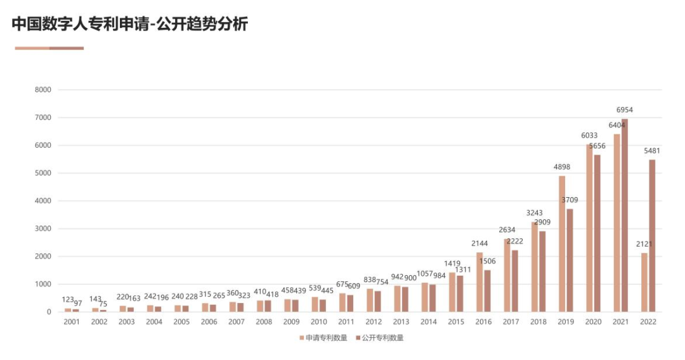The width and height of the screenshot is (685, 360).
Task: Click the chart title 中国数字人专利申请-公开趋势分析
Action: click(x=129, y=24)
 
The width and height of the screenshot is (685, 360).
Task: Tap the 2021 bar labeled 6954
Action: click(x=625, y=215)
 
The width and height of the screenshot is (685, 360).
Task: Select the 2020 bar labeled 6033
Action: click(x=589, y=228)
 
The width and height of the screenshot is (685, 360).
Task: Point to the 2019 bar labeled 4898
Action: click(x=562, y=244)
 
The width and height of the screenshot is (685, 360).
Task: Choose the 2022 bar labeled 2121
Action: click(x=644, y=283)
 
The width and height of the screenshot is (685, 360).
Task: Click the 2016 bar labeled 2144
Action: click(x=480, y=282)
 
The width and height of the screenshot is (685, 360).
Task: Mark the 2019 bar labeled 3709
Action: click(x=570, y=260)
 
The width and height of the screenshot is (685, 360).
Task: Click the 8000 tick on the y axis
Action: click(x=42, y=90)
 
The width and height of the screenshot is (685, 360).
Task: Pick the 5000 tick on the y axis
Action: click(x=42, y=173)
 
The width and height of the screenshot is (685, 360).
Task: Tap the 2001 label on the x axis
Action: click(x=72, y=322)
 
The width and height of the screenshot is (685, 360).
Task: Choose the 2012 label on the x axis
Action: click(x=374, y=322)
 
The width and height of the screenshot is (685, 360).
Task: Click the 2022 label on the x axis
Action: click(x=648, y=322)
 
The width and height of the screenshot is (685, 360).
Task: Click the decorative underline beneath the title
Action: click(x=49, y=48)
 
